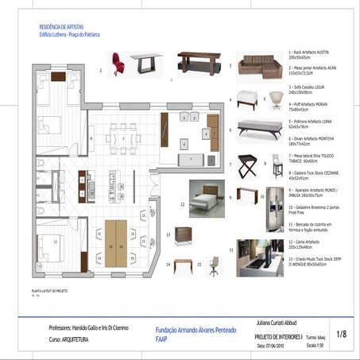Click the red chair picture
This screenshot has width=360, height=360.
[118, 63]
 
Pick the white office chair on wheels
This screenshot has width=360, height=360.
[215, 266]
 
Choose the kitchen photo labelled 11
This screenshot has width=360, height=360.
[259, 257]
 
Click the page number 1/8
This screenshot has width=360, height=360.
[341, 335]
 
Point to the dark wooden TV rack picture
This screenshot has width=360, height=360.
[199, 63]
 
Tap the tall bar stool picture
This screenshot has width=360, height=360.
[277, 165]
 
